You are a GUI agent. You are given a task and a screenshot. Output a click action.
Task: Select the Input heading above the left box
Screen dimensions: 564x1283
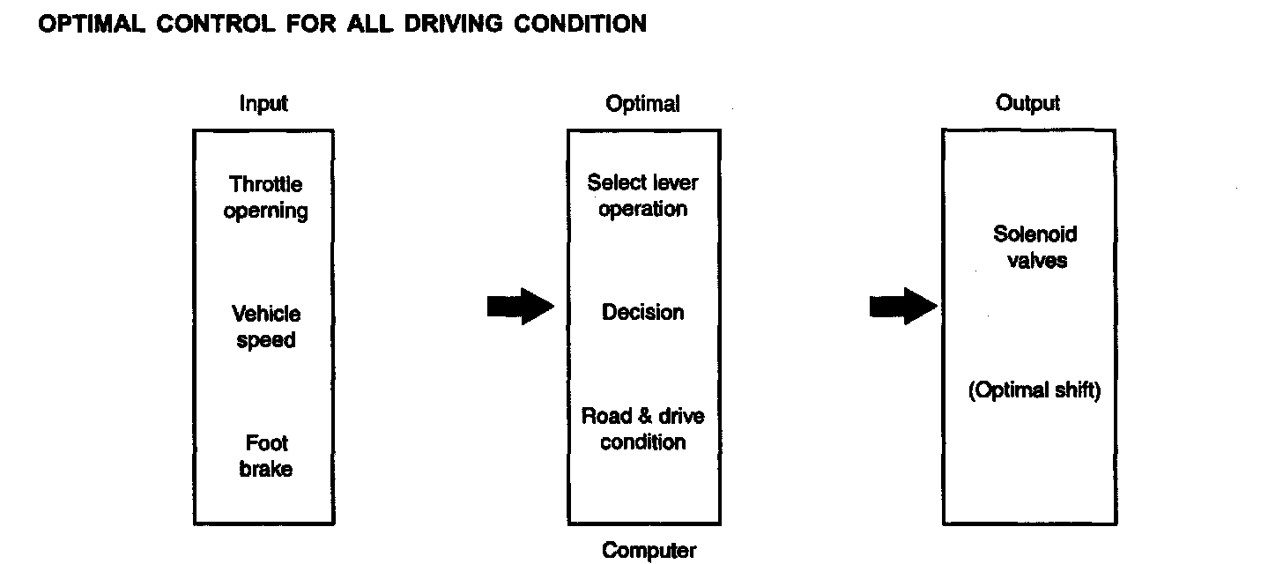(x=263, y=104)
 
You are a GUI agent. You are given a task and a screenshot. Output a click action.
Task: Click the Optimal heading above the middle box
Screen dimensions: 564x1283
(x=643, y=104)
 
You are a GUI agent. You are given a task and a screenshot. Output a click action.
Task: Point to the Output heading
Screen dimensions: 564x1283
(x=1027, y=103)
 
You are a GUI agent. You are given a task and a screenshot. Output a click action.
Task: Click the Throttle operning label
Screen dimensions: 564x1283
(x=265, y=198)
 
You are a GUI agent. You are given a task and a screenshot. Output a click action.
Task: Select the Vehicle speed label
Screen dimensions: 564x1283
(x=266, y=327)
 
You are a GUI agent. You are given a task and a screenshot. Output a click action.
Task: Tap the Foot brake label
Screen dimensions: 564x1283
(x=266, y=456)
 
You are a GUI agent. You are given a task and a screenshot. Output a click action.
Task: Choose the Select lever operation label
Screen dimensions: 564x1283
(x=643, y=197)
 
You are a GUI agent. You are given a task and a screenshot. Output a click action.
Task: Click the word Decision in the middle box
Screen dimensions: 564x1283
(x=643, y=313)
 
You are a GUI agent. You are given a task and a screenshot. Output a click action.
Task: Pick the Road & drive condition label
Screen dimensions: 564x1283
(x=643, y=429)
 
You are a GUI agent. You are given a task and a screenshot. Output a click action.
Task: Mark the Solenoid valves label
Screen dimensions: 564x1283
(x=1035, y=248)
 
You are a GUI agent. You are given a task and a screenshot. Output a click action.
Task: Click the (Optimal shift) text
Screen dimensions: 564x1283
(x=1035, y=391)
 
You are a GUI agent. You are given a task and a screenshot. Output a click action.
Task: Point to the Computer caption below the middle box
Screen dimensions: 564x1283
(x=649, y=552)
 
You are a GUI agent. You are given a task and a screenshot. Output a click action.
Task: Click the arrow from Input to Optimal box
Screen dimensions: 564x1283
(x=520, y=306)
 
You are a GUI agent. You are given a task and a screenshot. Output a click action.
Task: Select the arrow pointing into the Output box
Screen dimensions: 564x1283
(x=902, y=306)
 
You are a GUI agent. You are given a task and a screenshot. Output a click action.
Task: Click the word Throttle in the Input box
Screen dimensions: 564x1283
(x=266, y=185)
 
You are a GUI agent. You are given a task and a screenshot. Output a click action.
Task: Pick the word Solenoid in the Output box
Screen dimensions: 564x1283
(x=1035, y=235)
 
